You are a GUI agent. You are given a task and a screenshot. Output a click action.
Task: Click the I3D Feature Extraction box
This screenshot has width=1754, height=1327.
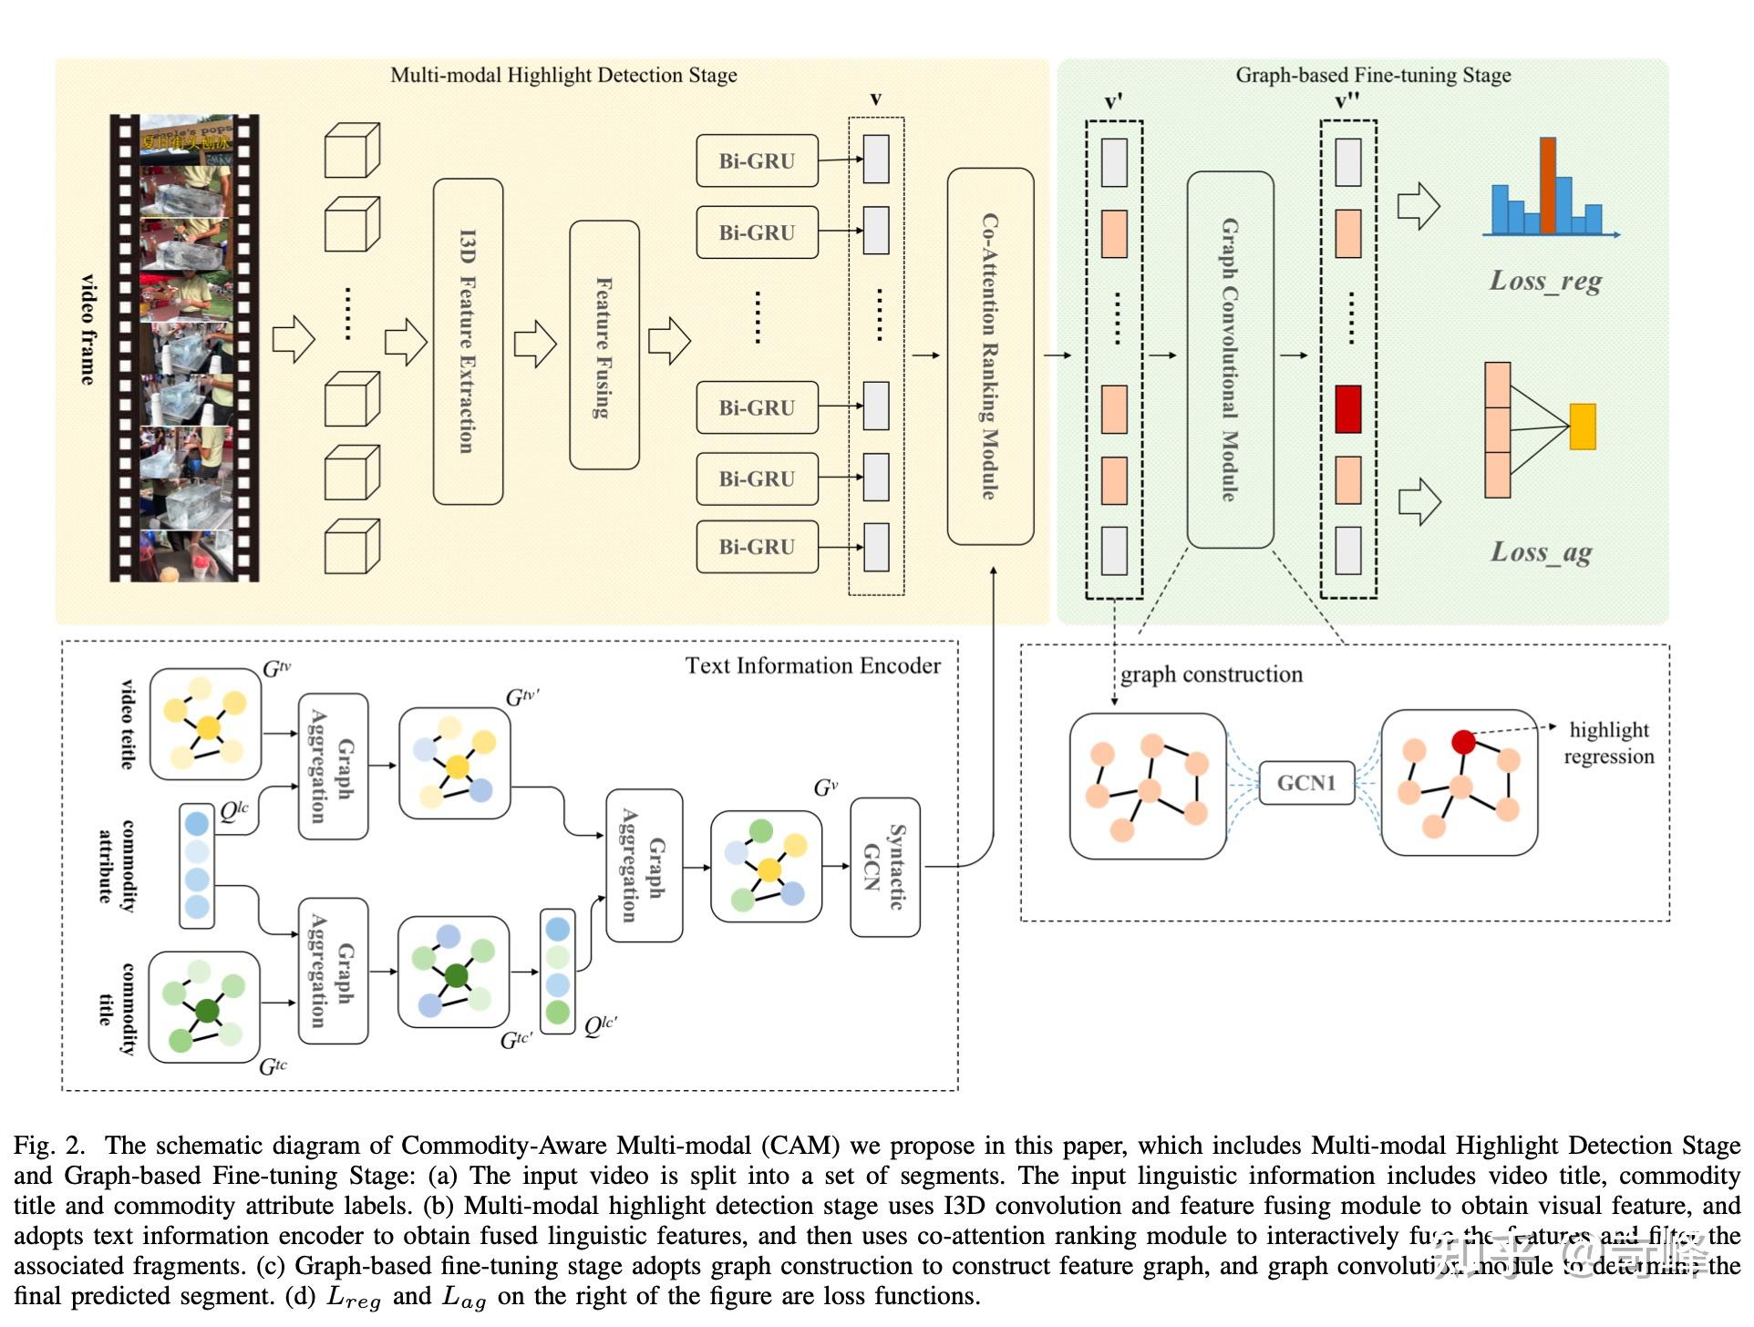(x=468, y=342)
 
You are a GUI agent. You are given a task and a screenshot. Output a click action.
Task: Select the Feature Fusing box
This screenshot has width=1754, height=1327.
(x=604, y=345)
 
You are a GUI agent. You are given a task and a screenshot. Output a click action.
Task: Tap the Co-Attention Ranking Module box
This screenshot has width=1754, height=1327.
(x=990, y=356)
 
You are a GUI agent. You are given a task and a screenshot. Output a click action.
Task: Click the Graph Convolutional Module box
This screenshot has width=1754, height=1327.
(x=1230, y=360)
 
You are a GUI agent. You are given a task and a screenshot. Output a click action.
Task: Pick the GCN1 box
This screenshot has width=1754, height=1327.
(x=1305, y=783)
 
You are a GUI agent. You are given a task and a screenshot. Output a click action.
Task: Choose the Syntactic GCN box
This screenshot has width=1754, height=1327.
(x=884, y=867)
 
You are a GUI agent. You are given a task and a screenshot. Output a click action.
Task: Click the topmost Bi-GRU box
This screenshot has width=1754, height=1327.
(x=757, y=161)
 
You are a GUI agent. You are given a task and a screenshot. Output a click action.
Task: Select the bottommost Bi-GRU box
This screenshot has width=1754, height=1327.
(x=757, y=547)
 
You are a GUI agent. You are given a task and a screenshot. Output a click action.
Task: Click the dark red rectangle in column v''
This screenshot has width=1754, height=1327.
(x=1347, y=409)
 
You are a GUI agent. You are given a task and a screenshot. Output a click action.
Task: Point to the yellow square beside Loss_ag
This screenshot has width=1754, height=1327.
(x=1583, y=427)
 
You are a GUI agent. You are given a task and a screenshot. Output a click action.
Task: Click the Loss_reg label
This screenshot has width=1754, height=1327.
(x=1545, y=281)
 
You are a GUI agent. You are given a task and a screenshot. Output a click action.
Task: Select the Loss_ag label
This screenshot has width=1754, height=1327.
(x=1542, y=552)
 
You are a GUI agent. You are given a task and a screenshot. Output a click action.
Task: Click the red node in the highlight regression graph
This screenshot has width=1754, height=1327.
(x=1463, y=742)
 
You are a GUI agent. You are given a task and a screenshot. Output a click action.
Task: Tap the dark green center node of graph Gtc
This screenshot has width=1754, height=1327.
(x=207, y=1010)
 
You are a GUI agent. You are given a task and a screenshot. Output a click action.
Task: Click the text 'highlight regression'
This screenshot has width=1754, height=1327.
(x=1609, y=743)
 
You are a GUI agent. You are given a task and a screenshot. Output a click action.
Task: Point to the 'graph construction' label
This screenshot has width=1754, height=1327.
(x=1212, y=674)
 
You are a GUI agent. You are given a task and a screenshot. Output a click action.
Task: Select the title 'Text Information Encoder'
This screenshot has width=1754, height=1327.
(x=812, y=665)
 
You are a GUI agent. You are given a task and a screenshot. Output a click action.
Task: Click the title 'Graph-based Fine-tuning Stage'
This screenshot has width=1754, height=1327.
(x=1373, y=75)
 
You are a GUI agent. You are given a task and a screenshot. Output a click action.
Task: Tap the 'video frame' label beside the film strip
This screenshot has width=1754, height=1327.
(x=88, y=330)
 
